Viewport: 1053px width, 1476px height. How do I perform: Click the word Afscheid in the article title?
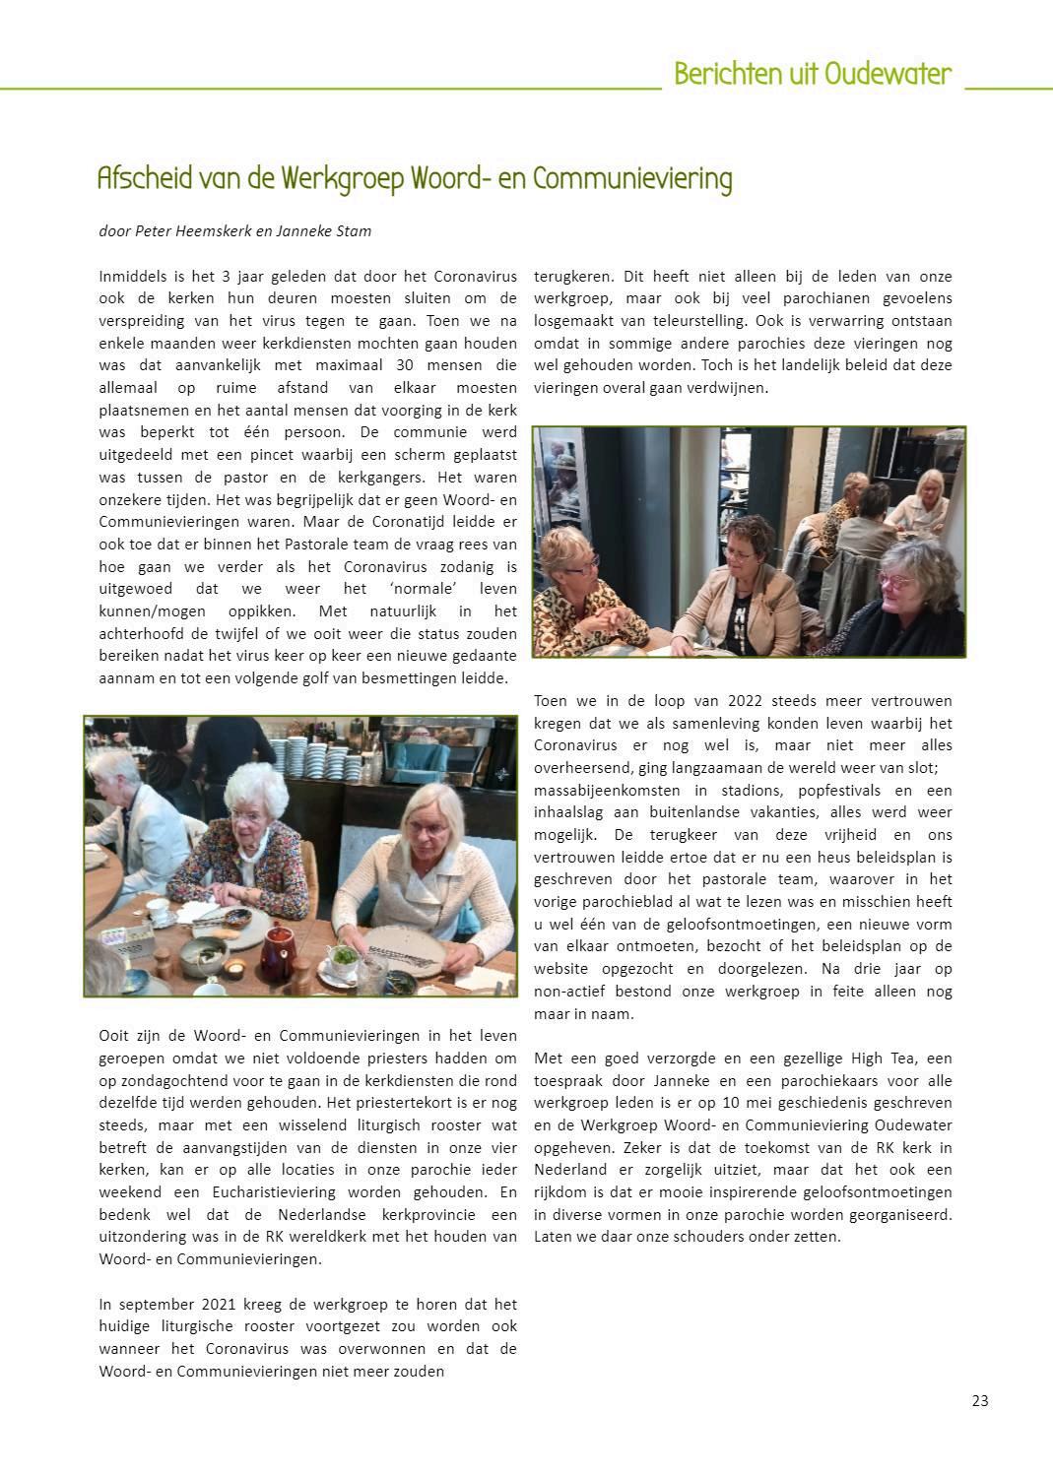tap(139, 178)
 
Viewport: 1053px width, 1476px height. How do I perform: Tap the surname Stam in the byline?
tap(356, 231)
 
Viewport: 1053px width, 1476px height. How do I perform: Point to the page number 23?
tap(979, 1401)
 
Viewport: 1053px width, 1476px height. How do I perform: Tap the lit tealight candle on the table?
tap(235, 971)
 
